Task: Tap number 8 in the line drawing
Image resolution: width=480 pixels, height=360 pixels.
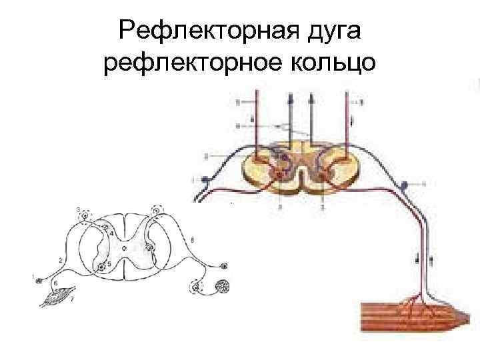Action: tap(193, 239)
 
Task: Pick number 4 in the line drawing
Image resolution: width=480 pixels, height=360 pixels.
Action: tap(111, 233)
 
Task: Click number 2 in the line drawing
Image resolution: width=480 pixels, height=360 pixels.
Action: tap(61, 259)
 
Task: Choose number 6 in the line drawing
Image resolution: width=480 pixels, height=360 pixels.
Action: tap(55, 283)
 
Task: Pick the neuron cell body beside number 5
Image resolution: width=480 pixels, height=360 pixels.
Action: tap(101, 267)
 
